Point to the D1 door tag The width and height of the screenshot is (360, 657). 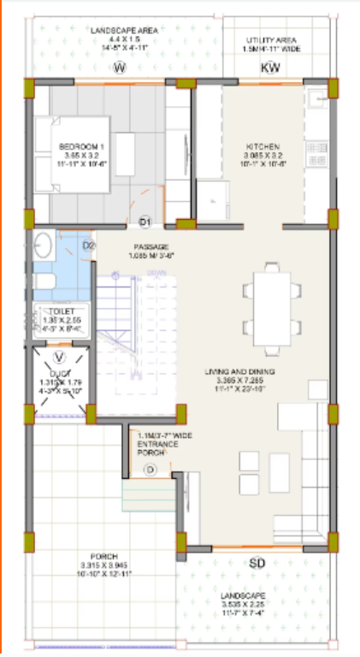tap(145, 222)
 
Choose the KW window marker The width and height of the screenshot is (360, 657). tap(269, 68)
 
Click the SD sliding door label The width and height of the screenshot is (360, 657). tap(256, 563)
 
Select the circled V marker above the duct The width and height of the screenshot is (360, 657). tap(59, 357)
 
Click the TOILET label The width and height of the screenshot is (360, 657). tap(60, 312)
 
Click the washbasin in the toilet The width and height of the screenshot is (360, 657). tap(45, 247)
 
